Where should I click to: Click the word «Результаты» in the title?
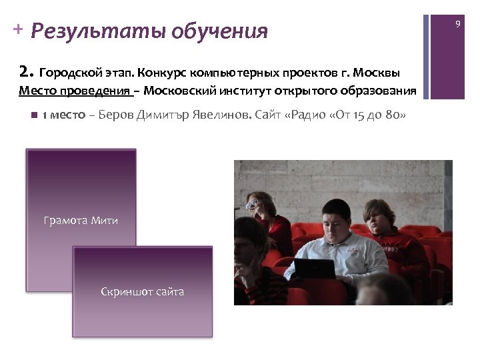pos(98,31)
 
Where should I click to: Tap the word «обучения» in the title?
pos(219,31)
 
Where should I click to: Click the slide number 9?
pos(457,24)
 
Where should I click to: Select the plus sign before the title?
pos(17,29)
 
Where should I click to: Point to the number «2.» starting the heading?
pos(27,71)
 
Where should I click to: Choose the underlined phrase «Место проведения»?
pos(74,91)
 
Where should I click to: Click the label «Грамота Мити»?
pos(81,220)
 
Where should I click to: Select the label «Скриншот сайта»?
pos(142,291)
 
